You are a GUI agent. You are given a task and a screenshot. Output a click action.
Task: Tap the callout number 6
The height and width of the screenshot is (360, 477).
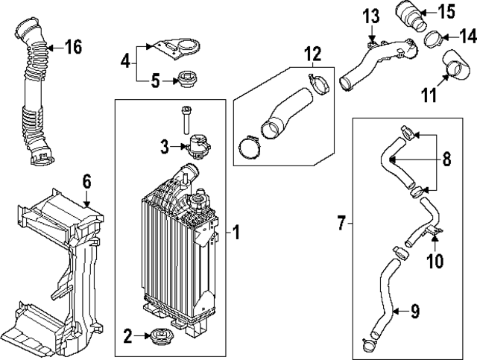[x=86, y=180]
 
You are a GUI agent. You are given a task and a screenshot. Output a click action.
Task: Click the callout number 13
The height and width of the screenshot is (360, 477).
[x=371, y=15]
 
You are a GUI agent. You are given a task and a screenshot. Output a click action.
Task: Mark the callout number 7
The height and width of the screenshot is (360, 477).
[x=341, y=222]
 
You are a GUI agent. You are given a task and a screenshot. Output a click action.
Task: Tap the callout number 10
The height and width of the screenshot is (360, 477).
[x=435, y=261]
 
